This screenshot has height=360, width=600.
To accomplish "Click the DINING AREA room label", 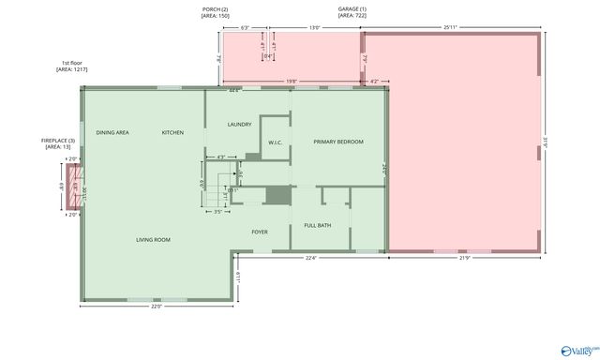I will pos(112,132).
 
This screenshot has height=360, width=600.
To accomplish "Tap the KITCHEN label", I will pos(172,132).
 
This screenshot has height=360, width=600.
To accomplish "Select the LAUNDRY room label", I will pos(239,124).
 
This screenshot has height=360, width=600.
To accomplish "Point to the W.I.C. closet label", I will pos(276,142).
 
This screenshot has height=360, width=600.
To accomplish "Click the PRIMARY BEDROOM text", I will pos(337,142).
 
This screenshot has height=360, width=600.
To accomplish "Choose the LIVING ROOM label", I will pos(153,240).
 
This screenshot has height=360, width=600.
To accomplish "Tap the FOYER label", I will pos(260,231).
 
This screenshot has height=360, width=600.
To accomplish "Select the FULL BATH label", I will pos(317,225).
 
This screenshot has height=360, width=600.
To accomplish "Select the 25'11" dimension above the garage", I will pos(450,28).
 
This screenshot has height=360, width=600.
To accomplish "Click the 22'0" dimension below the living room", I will pos(156,306).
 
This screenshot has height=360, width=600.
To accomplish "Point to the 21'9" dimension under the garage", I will pos(465,258).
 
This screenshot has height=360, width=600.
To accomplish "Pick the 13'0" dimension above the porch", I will pos(315,28).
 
